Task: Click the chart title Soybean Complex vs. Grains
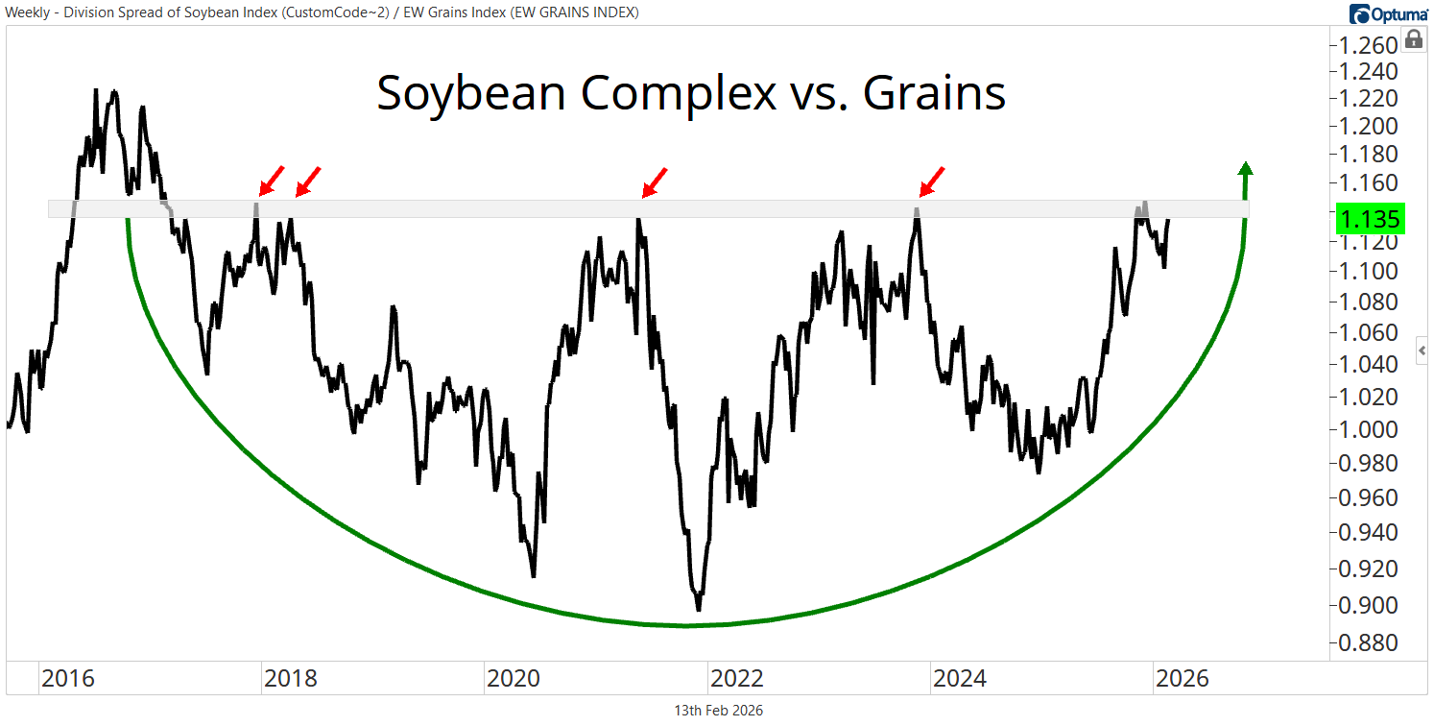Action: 690,94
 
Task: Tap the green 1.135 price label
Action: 1370,219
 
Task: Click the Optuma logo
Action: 1389,13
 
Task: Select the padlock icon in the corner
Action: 1414,39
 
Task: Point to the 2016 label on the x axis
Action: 67,679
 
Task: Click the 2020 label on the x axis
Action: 514,679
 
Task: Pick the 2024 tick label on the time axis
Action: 959,679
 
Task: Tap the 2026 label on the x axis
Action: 1182,679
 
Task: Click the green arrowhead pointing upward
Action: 1245,170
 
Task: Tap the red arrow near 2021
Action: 654,181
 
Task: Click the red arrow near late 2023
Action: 931,181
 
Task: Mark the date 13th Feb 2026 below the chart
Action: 719,711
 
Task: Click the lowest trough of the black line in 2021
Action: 698,609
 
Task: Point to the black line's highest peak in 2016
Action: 96,90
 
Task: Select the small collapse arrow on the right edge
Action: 1422,351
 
